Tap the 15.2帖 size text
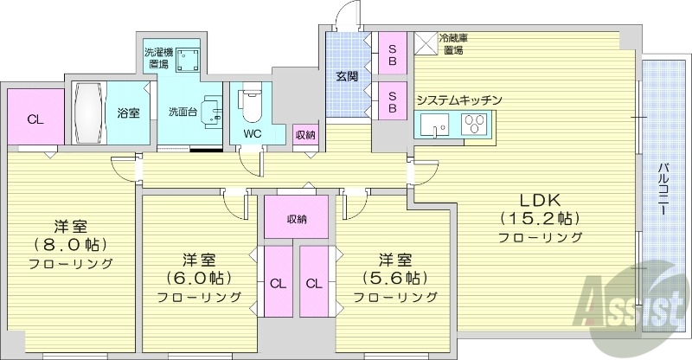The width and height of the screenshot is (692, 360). (538, 217)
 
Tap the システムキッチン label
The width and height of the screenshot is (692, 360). (458, 100)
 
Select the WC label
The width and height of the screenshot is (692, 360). (252, 134)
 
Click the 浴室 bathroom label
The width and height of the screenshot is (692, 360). (128, 112)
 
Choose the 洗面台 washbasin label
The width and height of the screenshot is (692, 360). (182, 111)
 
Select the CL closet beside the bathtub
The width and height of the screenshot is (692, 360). (35, 119)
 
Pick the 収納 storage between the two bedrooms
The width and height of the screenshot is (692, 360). (297, 218)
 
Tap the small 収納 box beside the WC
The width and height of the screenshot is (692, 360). (304, 134)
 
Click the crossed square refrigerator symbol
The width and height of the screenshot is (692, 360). (426, 44)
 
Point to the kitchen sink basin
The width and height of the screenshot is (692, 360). (432, 127)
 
